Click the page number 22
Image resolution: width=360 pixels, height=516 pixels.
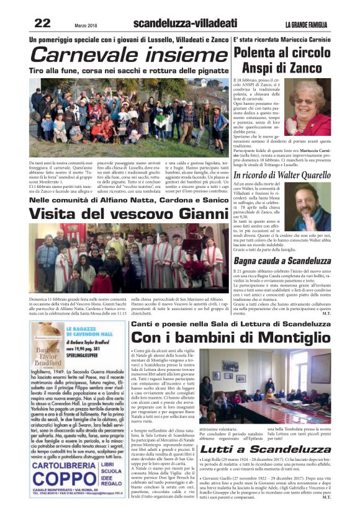click(42, 24)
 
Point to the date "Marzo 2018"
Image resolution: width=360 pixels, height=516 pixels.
click(87, 24)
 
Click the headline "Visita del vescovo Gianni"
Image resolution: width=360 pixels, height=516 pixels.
click(119, 213)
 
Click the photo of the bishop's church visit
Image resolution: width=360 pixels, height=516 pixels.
click(128, 259)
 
